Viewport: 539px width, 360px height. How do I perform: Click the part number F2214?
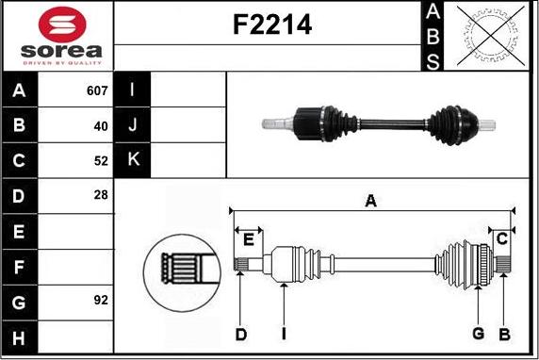point(272,25)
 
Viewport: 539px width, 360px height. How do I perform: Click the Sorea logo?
point(59,36)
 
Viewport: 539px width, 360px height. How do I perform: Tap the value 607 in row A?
point(97,91)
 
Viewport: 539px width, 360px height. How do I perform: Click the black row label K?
point(133,160)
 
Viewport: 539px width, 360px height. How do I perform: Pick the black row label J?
point(133,125)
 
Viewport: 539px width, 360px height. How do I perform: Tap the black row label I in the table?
point(133,91)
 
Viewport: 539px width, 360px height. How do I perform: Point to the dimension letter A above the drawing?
point(370,200)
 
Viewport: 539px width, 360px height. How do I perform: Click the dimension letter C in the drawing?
point(502,237)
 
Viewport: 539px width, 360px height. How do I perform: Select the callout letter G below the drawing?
point(478,334)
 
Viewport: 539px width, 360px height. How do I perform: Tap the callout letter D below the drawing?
point(241,335)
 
